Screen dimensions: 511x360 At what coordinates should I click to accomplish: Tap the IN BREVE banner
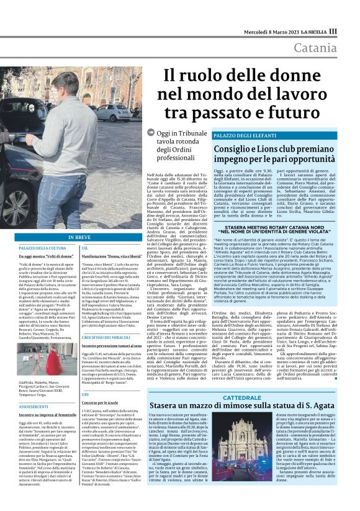tap(79, 237)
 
